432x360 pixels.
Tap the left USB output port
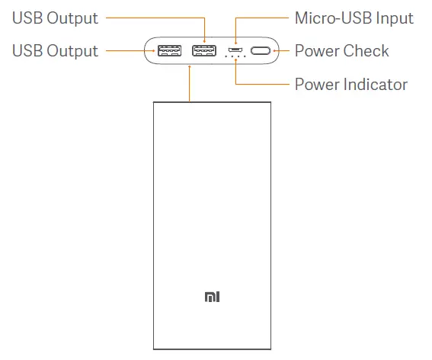169,52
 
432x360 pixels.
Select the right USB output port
203,52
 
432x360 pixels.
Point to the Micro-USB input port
235,52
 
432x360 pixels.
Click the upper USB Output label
56,18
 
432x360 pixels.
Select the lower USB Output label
56,51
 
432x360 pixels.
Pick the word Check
366,51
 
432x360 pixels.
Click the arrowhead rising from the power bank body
187,69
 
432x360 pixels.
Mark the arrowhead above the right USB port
204,39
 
